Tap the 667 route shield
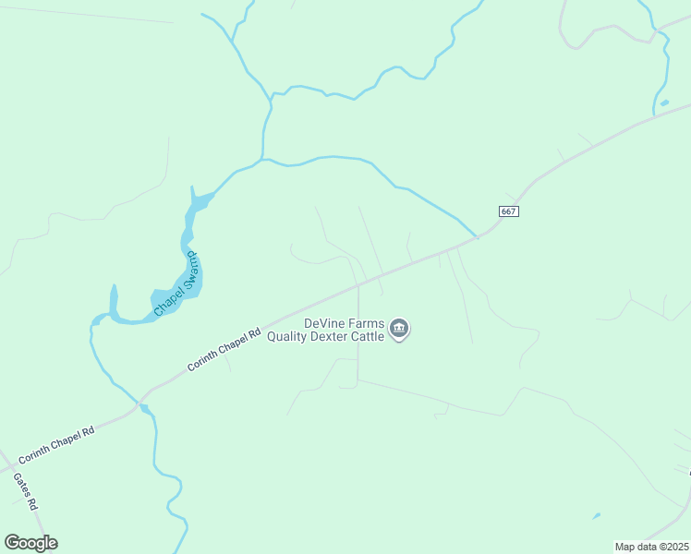pos(509,211)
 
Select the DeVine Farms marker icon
pos(399,330)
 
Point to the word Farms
pos(366,324)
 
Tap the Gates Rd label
pos(25,492)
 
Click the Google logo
pos(30,543)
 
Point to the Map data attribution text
pos(651,547)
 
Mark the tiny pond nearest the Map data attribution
pos(597,515)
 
